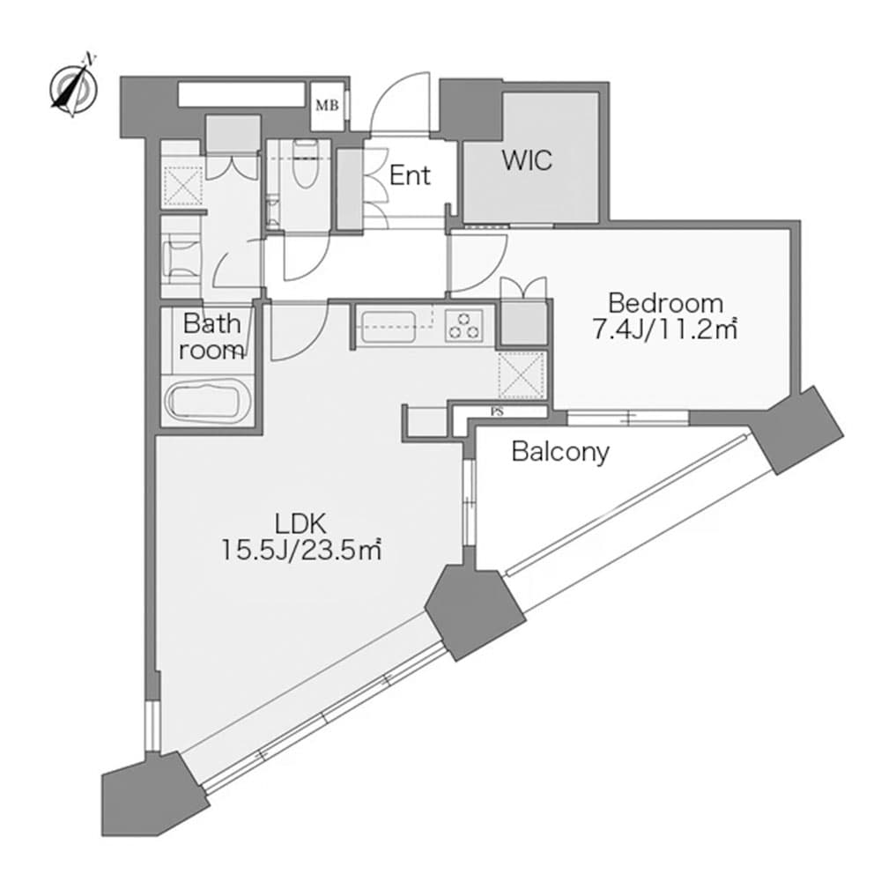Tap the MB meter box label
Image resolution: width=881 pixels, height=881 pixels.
tap(327, 105)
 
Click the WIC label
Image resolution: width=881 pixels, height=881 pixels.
tap(527, 160)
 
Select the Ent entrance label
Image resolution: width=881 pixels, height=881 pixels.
tap(410, 175)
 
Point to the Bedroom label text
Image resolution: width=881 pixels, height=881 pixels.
tap(666, 303)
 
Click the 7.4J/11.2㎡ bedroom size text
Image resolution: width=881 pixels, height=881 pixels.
tap(665, 330)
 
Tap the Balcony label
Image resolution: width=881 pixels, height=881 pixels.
tap(560, 452)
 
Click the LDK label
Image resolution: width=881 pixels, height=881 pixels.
tap(300, 524)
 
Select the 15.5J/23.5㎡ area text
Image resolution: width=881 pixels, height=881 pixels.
tap(301, 550)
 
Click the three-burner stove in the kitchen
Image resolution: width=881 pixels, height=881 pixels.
tap(464, 325)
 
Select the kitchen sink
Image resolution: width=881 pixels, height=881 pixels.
tap(389, 327)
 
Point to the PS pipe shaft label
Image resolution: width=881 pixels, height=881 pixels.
tap(497, 411)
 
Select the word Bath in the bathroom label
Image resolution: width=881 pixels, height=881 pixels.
tap(211, 323)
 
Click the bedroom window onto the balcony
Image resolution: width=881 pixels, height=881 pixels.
tap(628, 418)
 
